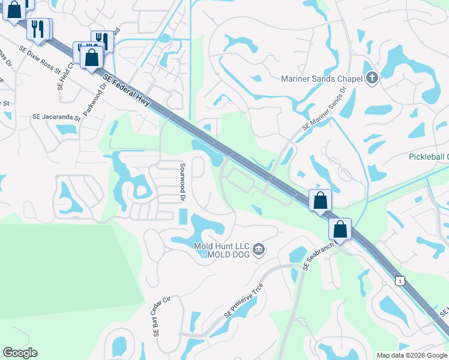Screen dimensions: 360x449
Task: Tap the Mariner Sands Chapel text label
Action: pyautogui.click(x=322, y=79)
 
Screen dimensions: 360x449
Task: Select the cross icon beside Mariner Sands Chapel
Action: pyautogui.click(x=372, y=78)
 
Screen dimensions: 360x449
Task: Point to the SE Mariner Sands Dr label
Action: pyautogui.click(x=325, y=109)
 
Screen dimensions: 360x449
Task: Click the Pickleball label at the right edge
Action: pyautogui.click(x=429, y=157)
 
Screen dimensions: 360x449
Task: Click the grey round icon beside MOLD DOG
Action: pyautogui.click(x=259, y=249)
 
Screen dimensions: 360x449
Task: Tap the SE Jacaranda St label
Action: pyautogui.click(x=56, y=118)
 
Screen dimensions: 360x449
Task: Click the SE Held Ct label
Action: pyautogui.click(x=65, y=76)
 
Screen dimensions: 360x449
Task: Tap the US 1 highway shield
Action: pyautogui.click(x=399, y=281)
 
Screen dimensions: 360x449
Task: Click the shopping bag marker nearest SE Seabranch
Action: pyautogui.click(x=340, y=229)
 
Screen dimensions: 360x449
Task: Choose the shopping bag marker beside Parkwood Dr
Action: pyautogui.click(x=91, y=58)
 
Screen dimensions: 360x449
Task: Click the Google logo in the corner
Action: pyautogui.click(x=20, y=353)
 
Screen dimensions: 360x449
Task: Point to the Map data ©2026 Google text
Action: pyautogui.click(x=411, y=355)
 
